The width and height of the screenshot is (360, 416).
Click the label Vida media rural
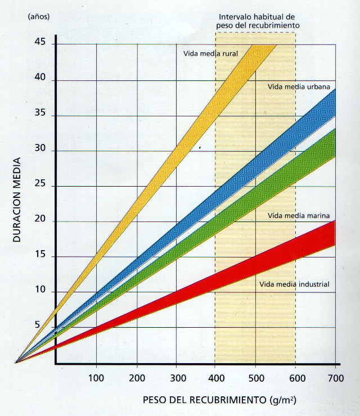click(x=211, y=54)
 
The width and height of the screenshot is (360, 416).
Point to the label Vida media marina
click(x=291, y=215)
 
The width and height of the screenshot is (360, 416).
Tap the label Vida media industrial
click(x=294, y=284)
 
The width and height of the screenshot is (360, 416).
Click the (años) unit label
click(x=38, y=16)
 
